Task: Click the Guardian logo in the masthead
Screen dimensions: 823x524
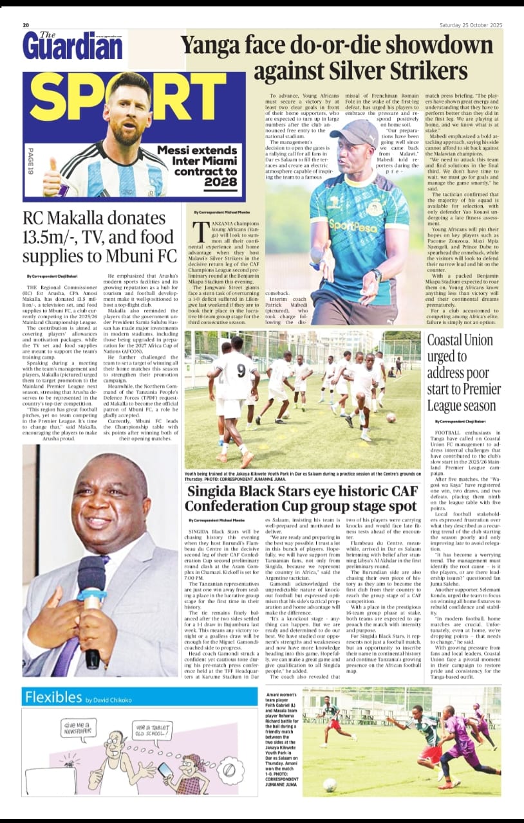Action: click(x=72, y=46)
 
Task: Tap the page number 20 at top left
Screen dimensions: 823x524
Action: click(x=26, y=25)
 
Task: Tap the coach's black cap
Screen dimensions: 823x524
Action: click(x=357, y=132)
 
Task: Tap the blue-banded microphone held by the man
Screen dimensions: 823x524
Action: click(x=92, y=598)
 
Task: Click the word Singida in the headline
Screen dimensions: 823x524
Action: click(x=219, y=492)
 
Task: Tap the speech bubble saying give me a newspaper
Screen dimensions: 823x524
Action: click(x=79, y=728)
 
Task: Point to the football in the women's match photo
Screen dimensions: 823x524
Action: click(x=330, y=784)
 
